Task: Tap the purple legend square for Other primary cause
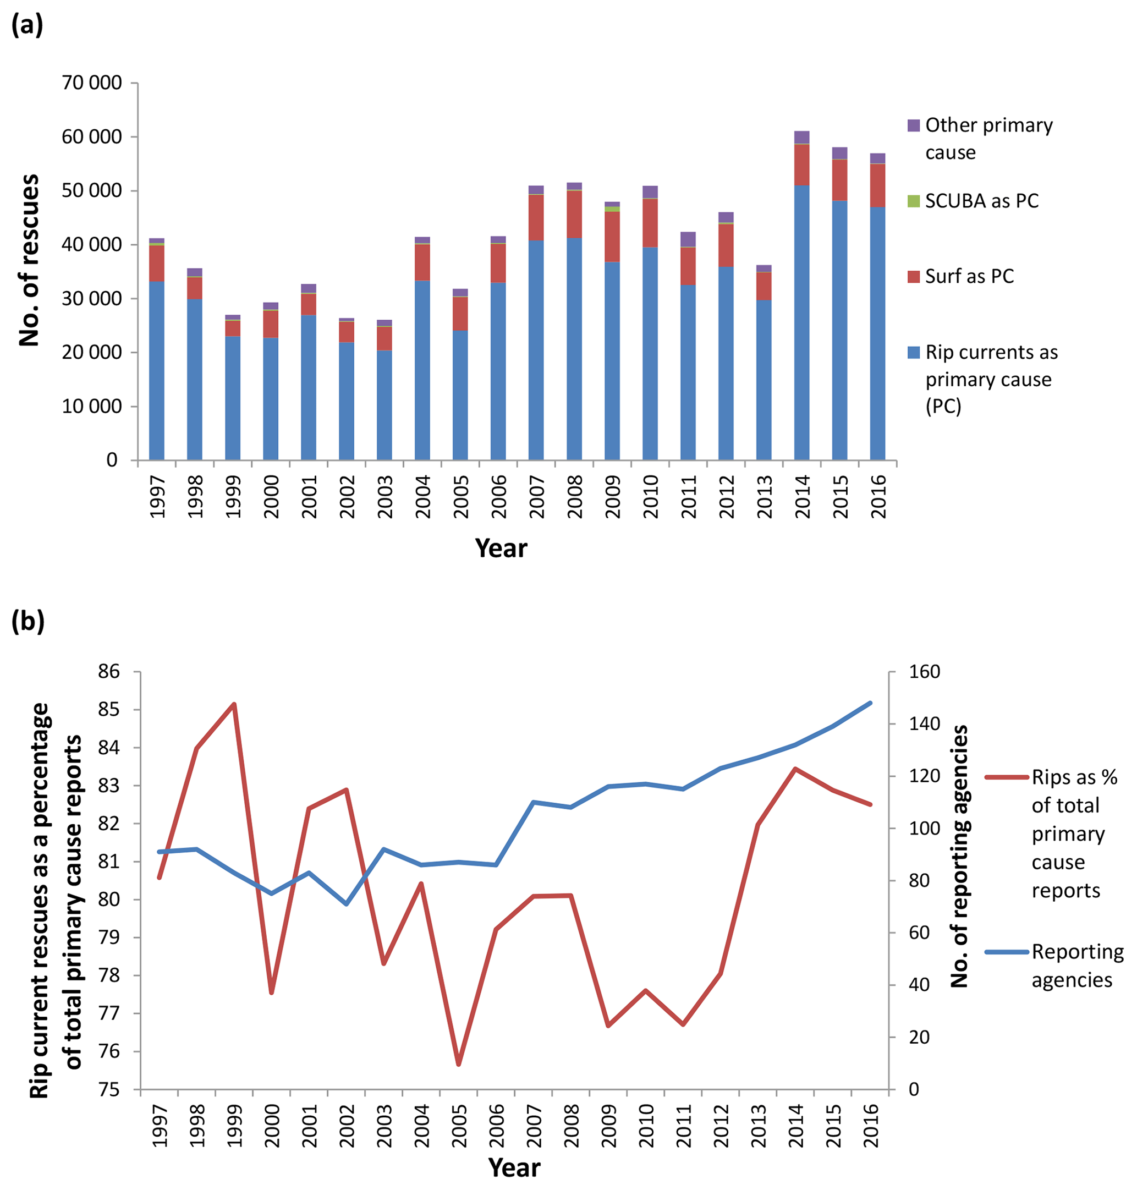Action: (913, 125)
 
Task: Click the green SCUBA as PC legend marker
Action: (913, 201)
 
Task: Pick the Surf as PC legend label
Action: (969, 276)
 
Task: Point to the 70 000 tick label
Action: (91, 83)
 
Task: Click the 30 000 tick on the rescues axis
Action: (91, 298)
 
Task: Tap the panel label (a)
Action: (28, 25)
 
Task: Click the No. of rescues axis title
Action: (29, 261)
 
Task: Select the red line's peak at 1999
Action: (234, 704)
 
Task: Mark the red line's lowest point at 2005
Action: (459, 1064)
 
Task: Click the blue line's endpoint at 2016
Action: (870, 703)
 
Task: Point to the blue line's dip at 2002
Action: (347, 904)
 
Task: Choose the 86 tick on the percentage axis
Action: (109, 672)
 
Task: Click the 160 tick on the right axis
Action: (924, 672)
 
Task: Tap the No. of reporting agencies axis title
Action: (960, 856)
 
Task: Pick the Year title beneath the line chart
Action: (514, 1167)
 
